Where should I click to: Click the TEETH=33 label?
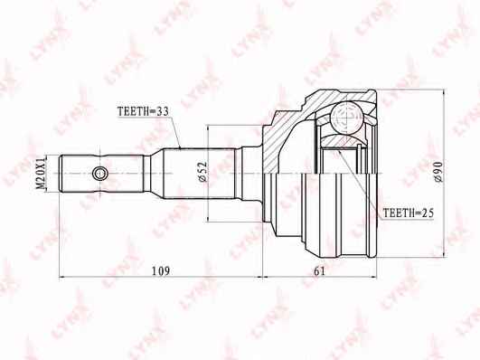(x=143, y=111)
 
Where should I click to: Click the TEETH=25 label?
(x=409, y=213)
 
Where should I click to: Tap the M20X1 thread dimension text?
(x=41, y=174)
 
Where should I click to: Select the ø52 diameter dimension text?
(x=203, y=172)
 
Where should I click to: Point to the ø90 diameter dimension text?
(x=438, y=172)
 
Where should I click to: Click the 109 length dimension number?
(x=161, y=270)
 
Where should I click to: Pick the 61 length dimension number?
(x=319, y=270)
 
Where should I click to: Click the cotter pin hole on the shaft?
(x=99, y=174)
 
